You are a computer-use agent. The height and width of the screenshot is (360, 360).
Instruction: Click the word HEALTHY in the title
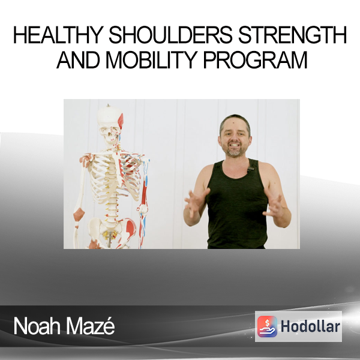coord(58,35)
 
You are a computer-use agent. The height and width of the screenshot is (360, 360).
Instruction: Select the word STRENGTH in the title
coord(293,35)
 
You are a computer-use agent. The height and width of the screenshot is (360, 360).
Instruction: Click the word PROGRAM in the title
coord(256,60)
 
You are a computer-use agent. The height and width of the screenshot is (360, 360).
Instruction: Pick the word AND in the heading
coord(78,60)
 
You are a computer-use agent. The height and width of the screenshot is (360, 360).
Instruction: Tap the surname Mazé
coord(90,326)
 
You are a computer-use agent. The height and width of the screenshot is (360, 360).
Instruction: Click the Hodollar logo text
coord(310,326)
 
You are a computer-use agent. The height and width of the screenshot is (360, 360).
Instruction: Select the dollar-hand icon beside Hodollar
coord(267,326)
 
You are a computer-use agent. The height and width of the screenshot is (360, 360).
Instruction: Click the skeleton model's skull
coord(110,126)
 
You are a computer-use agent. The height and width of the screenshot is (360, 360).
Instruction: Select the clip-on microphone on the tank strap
coord(250,169)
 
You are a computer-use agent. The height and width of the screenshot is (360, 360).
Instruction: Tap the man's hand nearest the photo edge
coord(274,205)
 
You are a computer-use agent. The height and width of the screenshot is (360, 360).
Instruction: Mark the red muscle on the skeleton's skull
coord(121,121)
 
